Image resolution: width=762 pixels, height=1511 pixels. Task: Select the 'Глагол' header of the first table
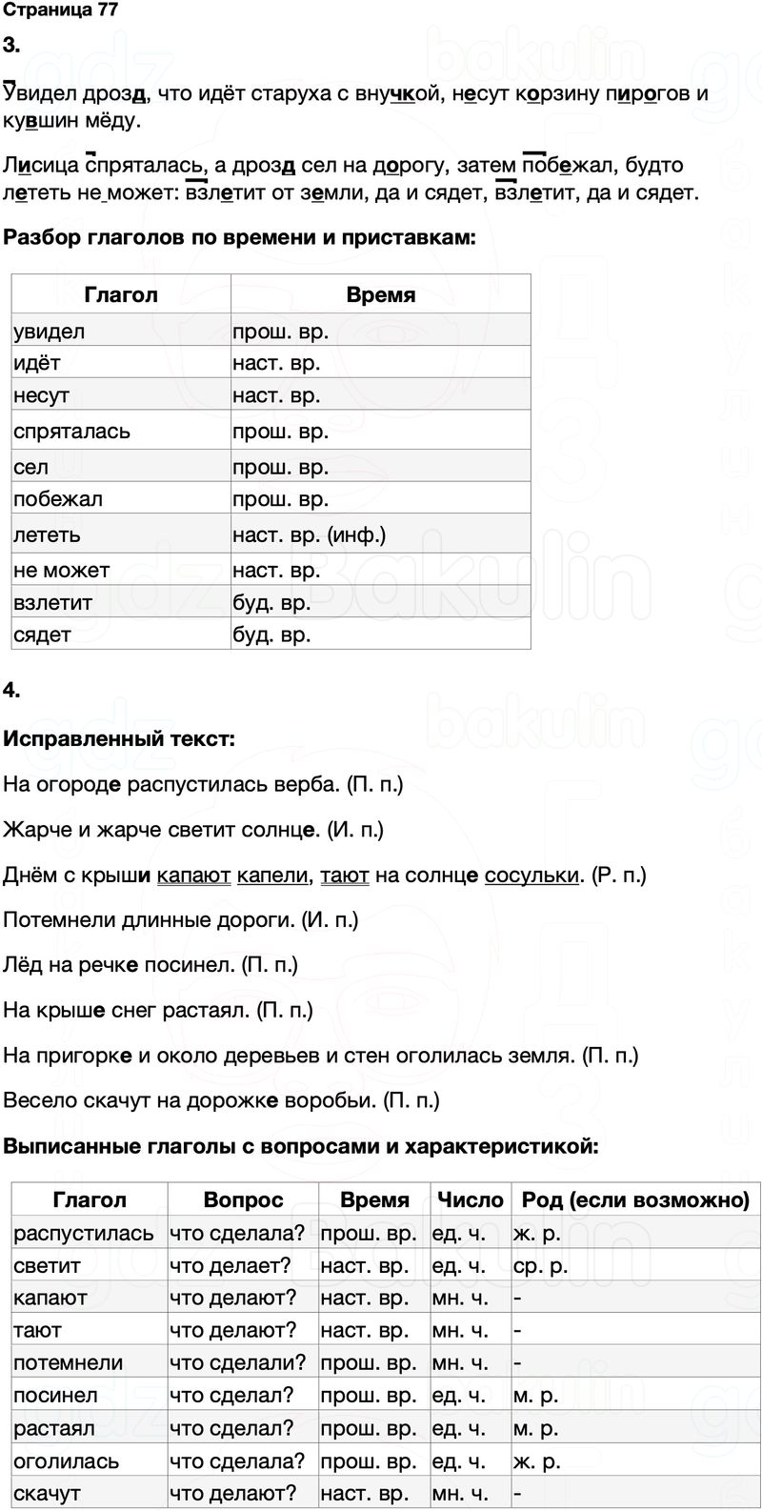(120, 294)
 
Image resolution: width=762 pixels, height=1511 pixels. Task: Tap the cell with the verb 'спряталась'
(72, 432)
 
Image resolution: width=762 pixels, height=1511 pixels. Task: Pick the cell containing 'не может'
(62, 571)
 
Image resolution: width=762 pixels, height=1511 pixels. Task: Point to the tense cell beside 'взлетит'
(272, 603)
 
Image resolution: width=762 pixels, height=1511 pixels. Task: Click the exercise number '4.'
(12, 690)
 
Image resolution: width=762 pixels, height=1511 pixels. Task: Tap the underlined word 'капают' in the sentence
(193, 876)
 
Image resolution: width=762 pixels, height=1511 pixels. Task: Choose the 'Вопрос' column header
(243, 1199)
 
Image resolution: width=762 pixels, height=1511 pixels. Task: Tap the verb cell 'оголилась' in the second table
(67, 1461)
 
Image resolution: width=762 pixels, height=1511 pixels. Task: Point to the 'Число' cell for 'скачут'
(460, 1493)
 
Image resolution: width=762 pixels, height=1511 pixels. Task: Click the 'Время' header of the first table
(380, 294)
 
